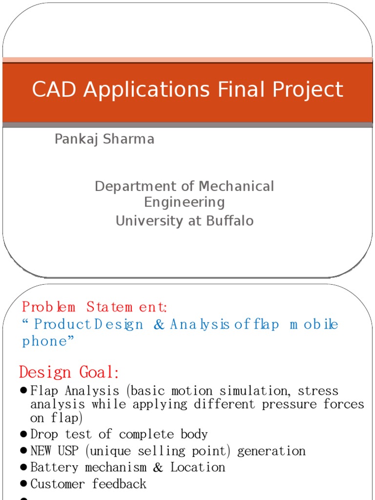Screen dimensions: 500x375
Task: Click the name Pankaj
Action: click(75, 140)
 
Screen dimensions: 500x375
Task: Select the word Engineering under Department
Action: click(185, 202)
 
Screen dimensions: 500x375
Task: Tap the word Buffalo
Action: click(230, 221)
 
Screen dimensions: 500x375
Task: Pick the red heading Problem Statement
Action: click(95, 308)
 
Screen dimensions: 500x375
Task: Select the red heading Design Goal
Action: click(69, 373)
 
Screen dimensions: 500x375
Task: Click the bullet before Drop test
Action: click(24, 434)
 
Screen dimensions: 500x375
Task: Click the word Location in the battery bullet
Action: click(198, 467)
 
